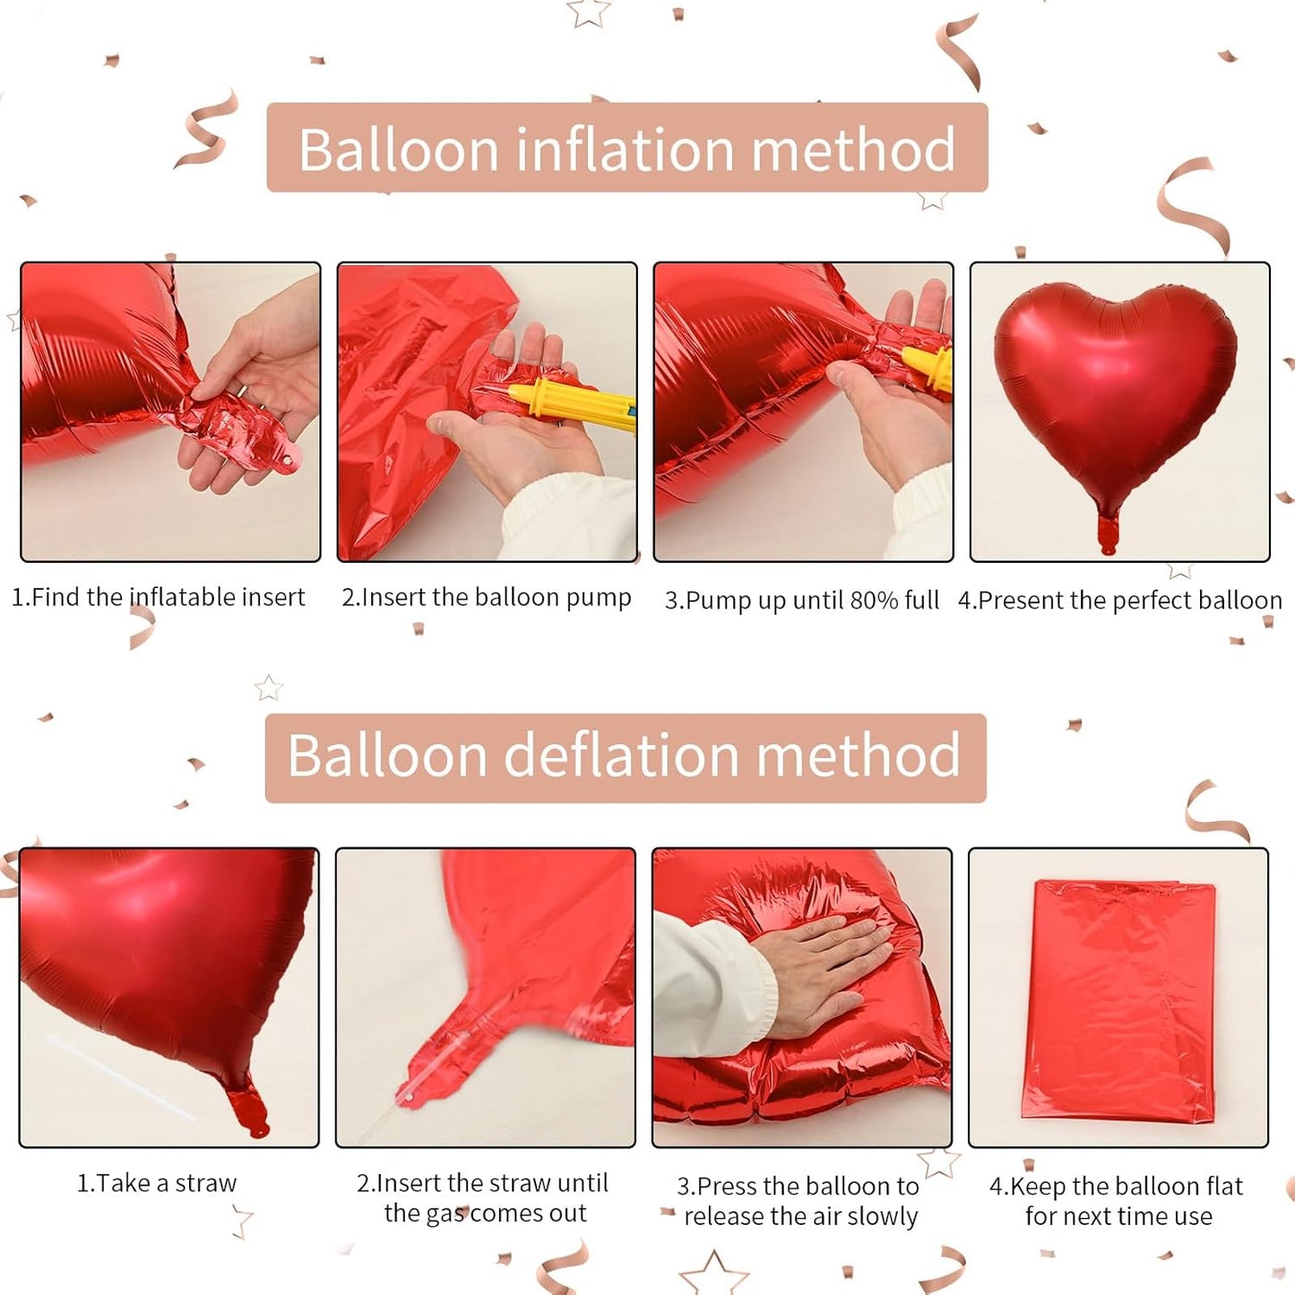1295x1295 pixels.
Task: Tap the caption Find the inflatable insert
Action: coord(159,597)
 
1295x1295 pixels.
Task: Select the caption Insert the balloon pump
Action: coord(487,597)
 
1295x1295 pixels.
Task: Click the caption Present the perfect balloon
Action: coord(1120,600)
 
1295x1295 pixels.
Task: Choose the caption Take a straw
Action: coord(157,1183)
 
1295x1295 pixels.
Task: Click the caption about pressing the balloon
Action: coord(799,1201)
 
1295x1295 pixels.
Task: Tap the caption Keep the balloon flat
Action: coord(1117,1201)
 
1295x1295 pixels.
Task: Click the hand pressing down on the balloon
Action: coord(824,972)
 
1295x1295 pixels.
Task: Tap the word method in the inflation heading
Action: coord(853,150)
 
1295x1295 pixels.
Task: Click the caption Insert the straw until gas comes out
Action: coord(484,1198)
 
